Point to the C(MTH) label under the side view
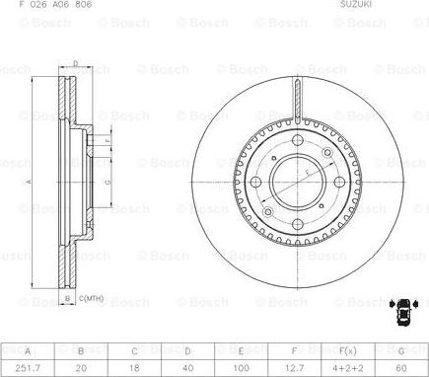[x=93, y=298]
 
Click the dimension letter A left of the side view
[x=29, y=182]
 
